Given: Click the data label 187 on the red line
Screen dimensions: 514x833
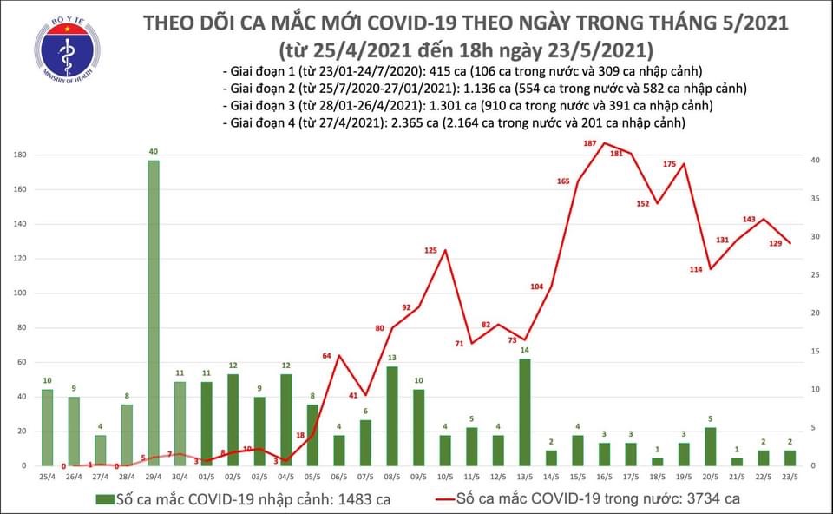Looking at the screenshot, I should (589, 143).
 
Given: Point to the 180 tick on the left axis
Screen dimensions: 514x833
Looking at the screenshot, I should (19, 155).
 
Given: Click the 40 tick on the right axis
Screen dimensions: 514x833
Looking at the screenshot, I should (814, 161).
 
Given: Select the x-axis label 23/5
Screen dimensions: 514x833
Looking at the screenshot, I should (790, 477).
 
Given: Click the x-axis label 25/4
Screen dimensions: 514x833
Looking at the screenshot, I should (47, 477).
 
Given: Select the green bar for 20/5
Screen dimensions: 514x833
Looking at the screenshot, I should (710, 446).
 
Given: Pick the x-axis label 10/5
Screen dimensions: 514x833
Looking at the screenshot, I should (444, 477).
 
